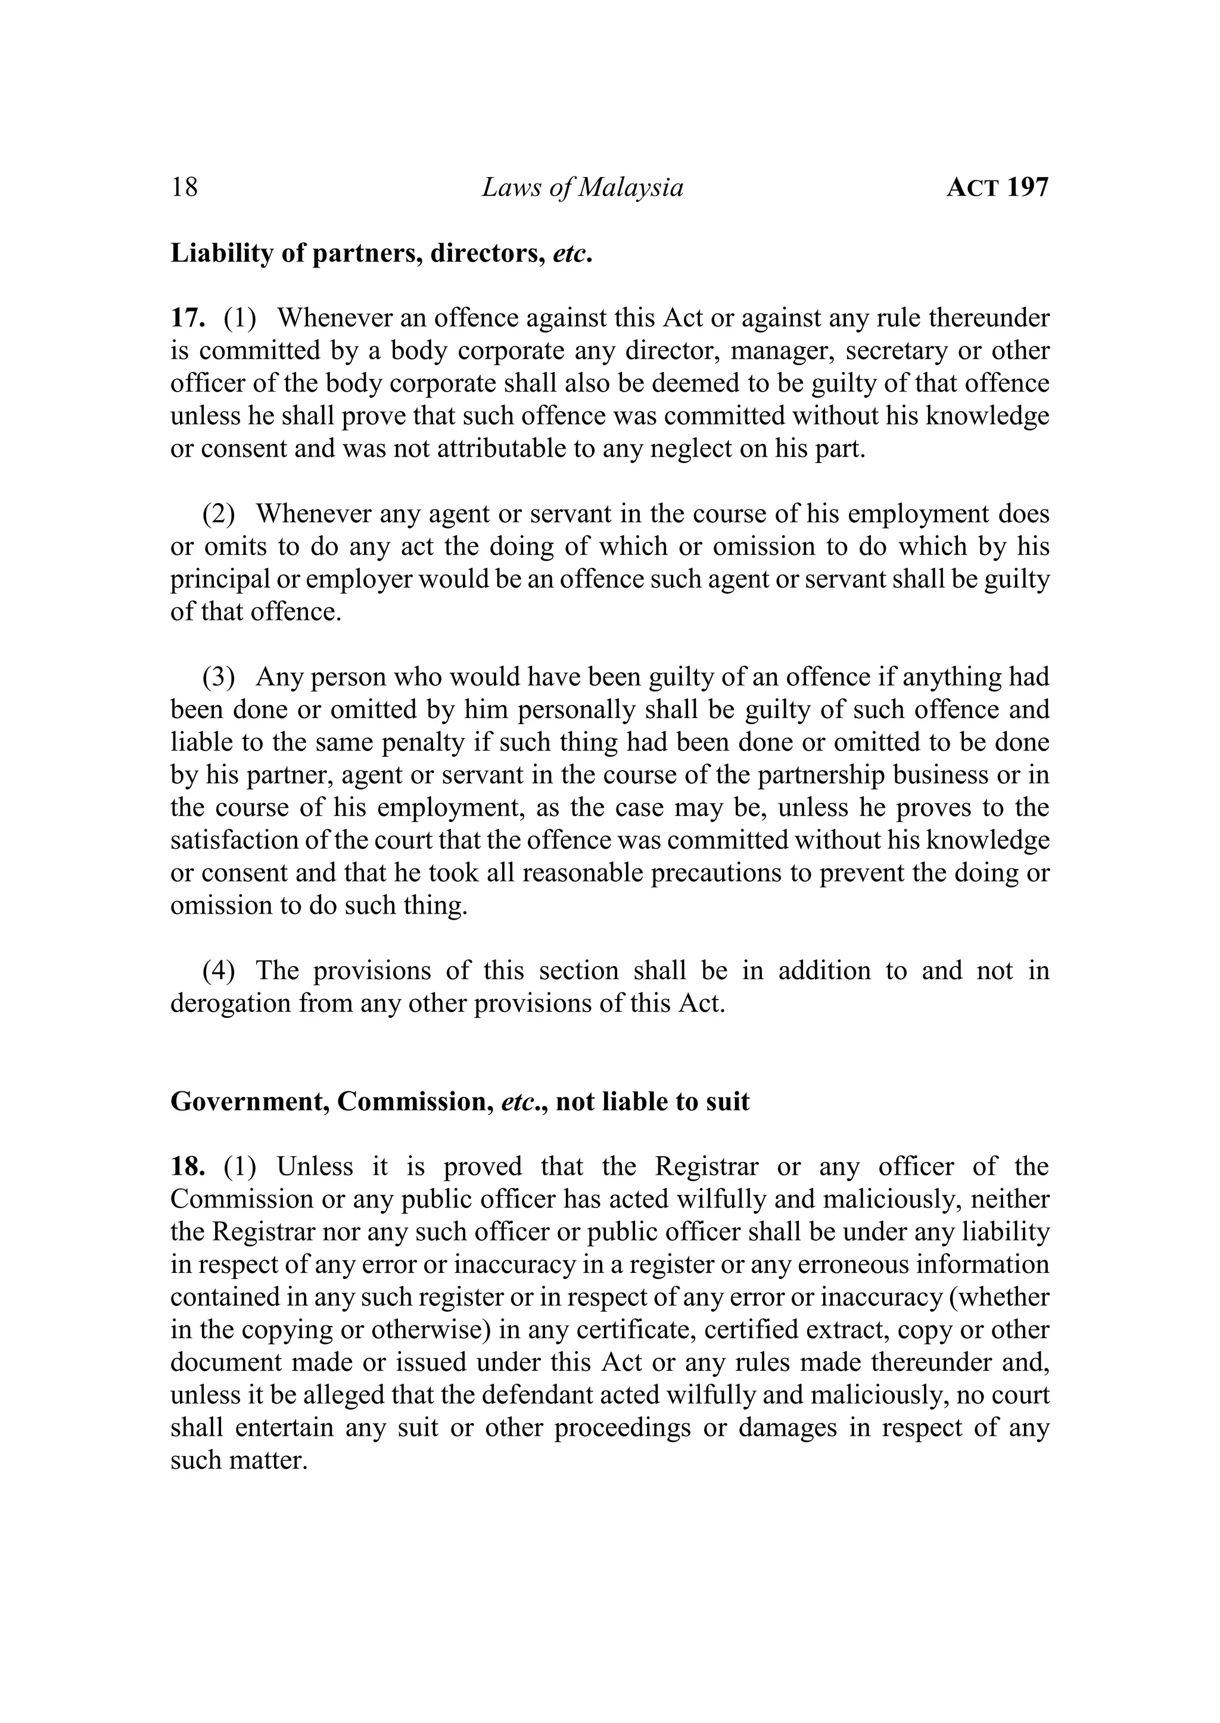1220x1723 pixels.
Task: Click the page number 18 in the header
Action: [184, 187]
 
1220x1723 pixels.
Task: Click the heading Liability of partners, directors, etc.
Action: [382, 254]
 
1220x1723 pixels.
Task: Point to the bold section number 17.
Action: [188, 319]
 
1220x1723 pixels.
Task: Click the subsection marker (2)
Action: [219, 514]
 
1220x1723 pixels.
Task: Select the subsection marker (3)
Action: [219, 677]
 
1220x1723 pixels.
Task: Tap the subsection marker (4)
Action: [219, 970]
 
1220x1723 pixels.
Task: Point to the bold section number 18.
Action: [188, 1167]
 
